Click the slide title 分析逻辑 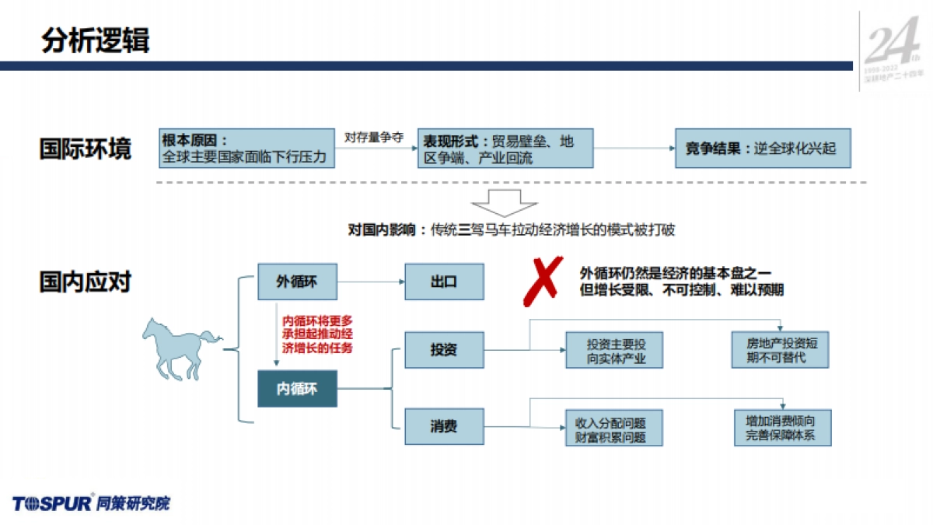tap(96, 40)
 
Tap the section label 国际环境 tap(86, 149)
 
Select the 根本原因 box tap(247, 149)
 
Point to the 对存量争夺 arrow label tap(374, 137)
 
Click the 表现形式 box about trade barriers tap(505, 149)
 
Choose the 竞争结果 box tap(762, 149)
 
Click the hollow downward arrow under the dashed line tap(505, 201)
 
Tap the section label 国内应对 tap(86, 282)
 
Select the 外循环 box tap(297, 282)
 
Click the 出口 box tap(444, 282)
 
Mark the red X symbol tap(542, 281)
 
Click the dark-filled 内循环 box tap(297, 388)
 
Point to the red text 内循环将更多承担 tap(317, 334)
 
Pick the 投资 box tap(444, 349)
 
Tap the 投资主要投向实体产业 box tap(615, 351)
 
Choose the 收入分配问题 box tap(614, 429)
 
